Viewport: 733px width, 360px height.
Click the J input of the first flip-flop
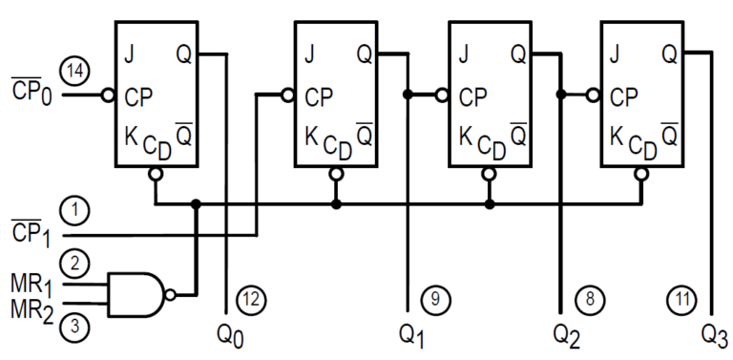coord(128,53)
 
